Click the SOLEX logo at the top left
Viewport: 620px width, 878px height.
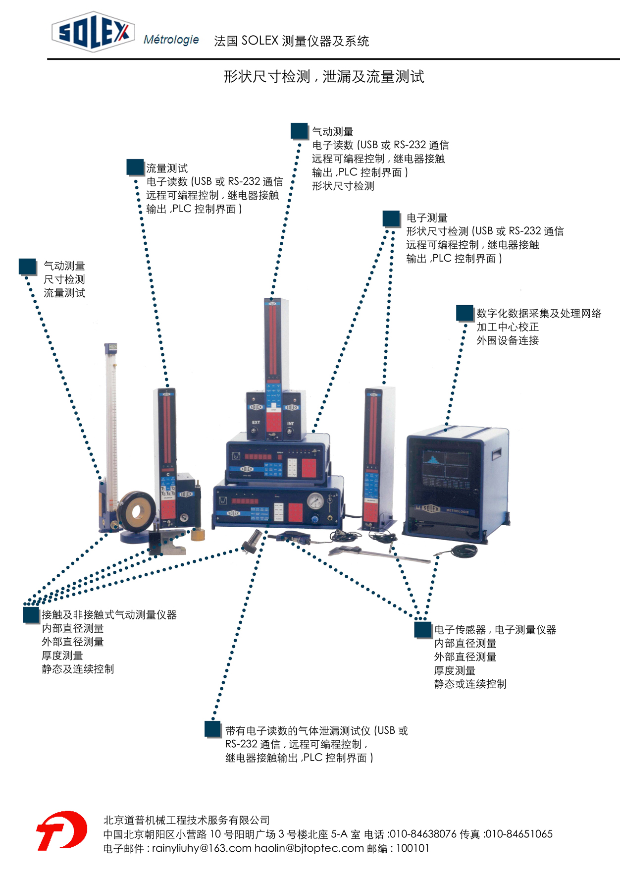(x=93, y=32)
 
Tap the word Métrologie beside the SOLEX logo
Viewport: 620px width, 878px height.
(x=171, y=40)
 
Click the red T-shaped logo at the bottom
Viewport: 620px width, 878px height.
(x=61, y=831)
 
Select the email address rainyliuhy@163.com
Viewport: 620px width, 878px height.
(x=202, y=848)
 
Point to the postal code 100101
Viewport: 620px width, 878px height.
(x=413, y=848)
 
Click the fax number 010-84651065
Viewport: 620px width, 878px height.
(x=519, y=834)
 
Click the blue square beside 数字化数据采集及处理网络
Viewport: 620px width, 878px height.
(x=465, y=313)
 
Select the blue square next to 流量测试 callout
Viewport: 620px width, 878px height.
(x=135, y=167)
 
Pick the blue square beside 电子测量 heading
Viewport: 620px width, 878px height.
(x=391, y=219)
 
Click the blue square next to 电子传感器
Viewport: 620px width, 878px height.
(x=423, y=630)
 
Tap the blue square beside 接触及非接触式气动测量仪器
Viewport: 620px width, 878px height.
(x=31, y=615)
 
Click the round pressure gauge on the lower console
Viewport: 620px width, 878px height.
(x=315, y=501)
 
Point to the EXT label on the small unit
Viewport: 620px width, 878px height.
(x=256, y=423)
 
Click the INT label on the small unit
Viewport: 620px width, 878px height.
(x=291, y=424)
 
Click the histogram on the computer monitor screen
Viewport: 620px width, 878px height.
(x=433, y=459)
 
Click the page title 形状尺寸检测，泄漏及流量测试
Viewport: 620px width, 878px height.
(x=324, y=77)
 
